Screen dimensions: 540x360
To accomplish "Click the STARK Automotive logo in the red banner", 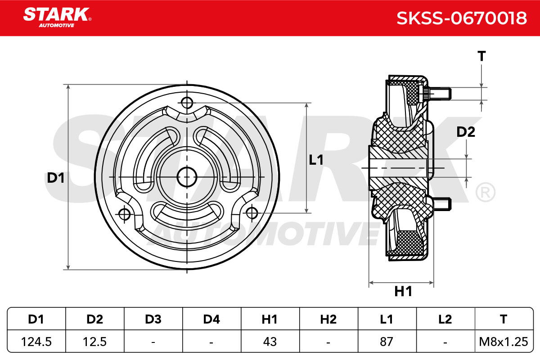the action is pos(57,18).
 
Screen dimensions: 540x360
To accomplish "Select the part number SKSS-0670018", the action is pos(462,18).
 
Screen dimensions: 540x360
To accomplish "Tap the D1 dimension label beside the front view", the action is pos(56,178).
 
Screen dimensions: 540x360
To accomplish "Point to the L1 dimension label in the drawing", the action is pos(316,160).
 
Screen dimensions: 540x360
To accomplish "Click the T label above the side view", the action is pos(481,56).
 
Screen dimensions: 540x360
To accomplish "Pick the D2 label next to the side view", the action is pos(466,132).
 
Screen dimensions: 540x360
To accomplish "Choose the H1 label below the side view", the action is pos(403,291).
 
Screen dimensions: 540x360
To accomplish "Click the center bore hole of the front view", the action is pos(187,177).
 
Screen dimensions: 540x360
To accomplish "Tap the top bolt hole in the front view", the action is pos(187,103).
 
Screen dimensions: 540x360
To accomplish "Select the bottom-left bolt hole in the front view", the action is pos(125,214).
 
